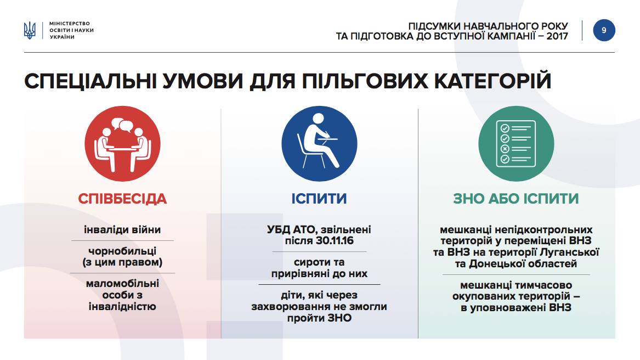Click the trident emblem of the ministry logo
(30, 31)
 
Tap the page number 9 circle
(604, 30)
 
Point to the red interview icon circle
(122, 144)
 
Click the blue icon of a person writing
(320, 144)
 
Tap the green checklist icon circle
(516, 144)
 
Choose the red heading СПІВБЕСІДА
(122, 199)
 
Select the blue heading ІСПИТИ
(319, 199)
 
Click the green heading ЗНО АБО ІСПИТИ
(516, 199)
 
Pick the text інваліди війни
(122, 229)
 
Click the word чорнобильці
(122, 251)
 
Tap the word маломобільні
(122, 284)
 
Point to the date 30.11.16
(335, 241)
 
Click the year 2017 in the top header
(558, 36)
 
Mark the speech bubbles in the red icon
(122, 125)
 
